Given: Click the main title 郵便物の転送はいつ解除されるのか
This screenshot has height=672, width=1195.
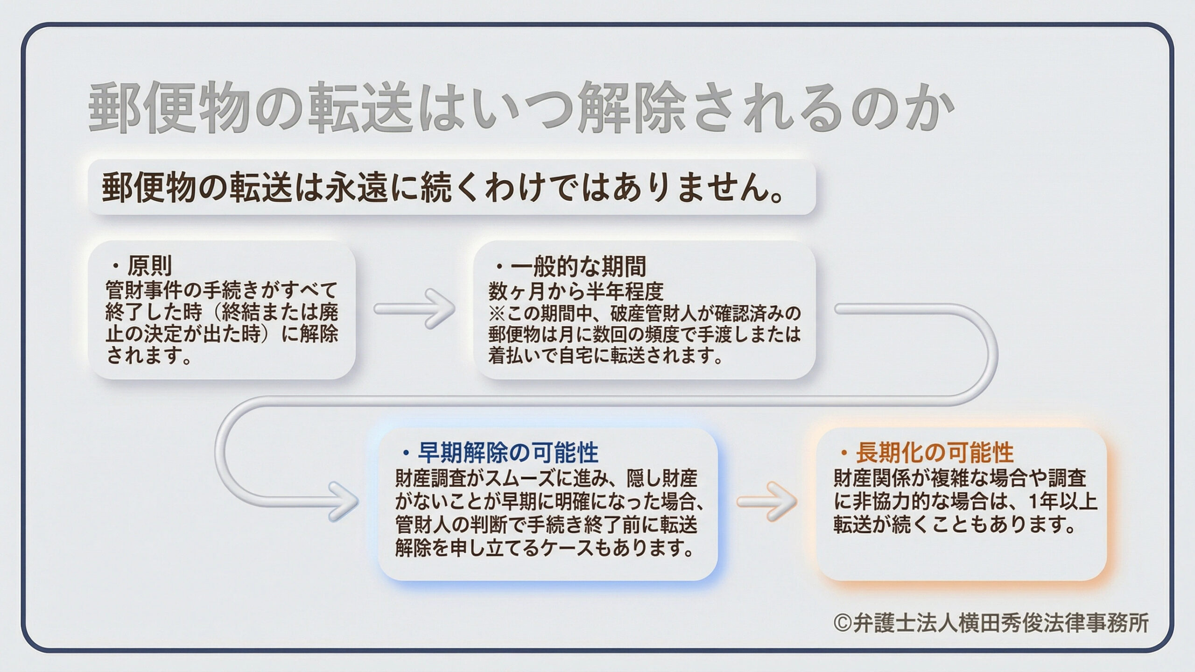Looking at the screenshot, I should [513, 108].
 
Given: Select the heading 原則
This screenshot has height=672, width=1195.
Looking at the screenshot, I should [149, 266].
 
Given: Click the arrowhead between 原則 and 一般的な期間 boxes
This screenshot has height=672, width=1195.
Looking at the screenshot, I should [441, 309].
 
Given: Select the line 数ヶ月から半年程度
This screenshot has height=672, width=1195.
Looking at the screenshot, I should [576, 291].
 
